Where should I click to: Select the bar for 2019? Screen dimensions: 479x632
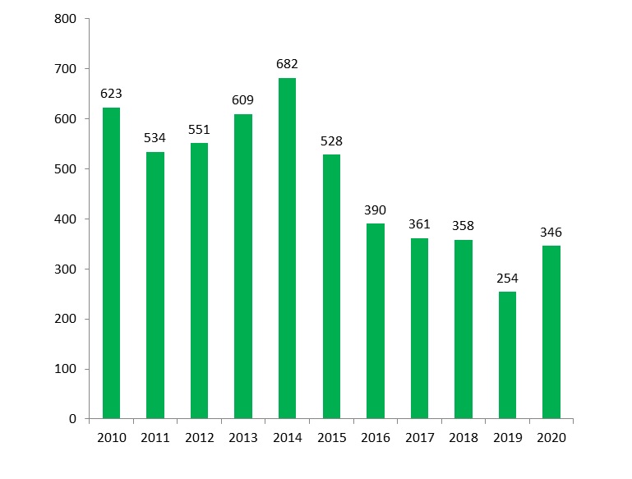[507, 355]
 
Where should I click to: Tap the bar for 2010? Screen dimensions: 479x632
[111, 263]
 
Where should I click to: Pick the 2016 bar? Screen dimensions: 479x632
[375, 320]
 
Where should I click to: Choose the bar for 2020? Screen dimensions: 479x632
[551, 332]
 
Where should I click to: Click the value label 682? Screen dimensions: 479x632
[287, 64]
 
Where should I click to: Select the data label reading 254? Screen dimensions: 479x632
[507, 279]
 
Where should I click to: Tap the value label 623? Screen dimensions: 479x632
[111, 94]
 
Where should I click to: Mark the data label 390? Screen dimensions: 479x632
[375, 210]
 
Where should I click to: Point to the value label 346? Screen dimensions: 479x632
[551, 233]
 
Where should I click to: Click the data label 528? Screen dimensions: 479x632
[331, 141]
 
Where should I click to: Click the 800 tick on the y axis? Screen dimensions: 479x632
[67, 19]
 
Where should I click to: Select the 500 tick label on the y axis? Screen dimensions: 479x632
[67, 169]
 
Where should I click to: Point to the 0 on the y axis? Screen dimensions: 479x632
[73, 419]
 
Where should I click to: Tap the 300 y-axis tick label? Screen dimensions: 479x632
[67, 269]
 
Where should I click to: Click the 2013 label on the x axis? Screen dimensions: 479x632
[243, 438]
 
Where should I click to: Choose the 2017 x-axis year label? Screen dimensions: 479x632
[419, 438]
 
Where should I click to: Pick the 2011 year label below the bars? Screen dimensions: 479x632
[155, 438]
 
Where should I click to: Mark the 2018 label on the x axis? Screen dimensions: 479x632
[464, 438]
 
